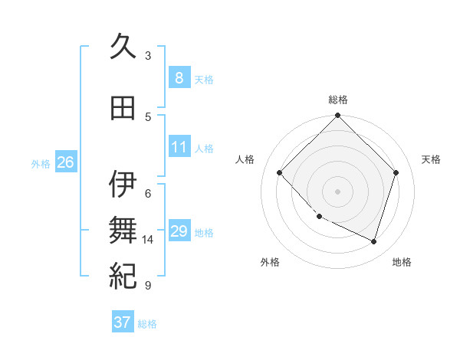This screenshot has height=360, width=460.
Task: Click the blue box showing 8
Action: click(179, 77)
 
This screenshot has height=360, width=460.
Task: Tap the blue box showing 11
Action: click(179, 147)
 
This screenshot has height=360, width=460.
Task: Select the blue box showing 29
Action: click(179, 231)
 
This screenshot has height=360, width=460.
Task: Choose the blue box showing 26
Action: click(65, 162)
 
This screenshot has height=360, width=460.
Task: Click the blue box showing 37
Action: click(122, 322)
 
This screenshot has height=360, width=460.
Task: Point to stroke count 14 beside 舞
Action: click(148, 240)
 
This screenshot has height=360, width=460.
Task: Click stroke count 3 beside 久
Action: click(148, 55)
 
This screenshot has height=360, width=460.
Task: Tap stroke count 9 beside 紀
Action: click(148, 286)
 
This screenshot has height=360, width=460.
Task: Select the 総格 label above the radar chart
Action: click(338, 100)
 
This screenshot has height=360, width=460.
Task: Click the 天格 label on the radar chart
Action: click(432, 159)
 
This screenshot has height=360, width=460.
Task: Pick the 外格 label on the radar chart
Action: click(270, 262)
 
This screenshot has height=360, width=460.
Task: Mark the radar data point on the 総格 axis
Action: click(338, 116)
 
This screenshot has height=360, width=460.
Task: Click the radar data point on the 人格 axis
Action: click(280, 172)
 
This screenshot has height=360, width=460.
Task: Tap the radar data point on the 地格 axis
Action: click(374, 241)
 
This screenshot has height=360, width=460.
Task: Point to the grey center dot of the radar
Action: click(338, 191)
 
